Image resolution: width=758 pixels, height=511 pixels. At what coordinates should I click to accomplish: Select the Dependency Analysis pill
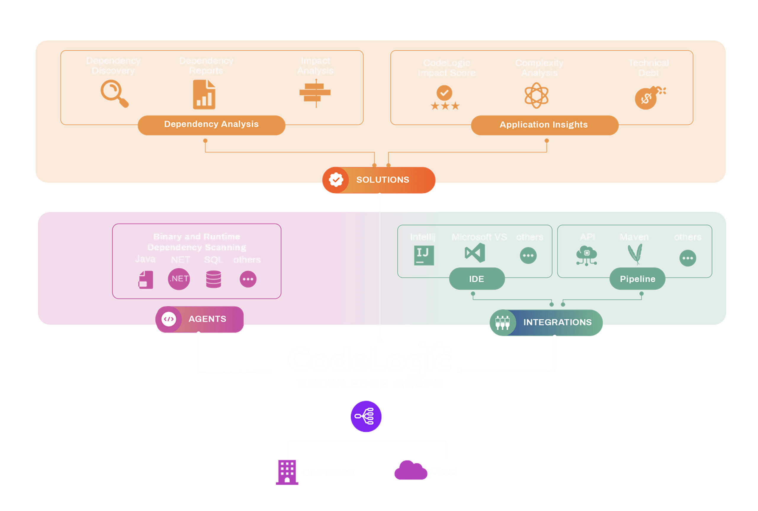(211, 124)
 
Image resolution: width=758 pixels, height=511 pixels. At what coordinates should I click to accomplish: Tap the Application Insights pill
(544, 124)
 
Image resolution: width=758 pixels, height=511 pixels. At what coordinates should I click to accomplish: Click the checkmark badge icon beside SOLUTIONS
(336, 180)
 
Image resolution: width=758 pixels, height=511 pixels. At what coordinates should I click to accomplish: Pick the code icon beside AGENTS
(169, 319)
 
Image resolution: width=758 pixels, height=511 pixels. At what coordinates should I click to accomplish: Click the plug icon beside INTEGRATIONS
(502, 322)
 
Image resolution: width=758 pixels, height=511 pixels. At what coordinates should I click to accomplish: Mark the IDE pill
(476, 279)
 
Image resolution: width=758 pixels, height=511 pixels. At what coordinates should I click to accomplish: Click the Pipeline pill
(637, 279)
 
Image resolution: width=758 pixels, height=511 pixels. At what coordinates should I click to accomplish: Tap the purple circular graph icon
(366, 416)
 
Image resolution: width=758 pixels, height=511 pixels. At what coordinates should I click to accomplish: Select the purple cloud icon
(410, 471)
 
